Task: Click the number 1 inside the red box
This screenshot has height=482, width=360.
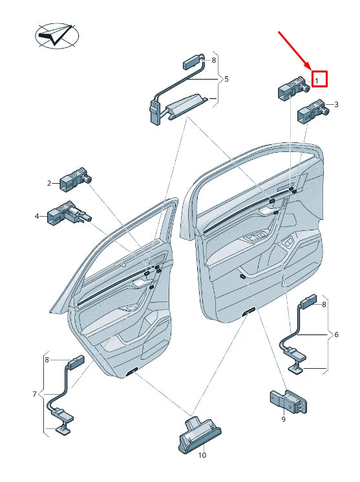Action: click(x=317, y=80)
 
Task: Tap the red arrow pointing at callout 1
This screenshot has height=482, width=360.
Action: click(x=295, y=49)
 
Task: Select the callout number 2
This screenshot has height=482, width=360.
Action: click(x=48, y=183)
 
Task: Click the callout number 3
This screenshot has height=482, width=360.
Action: click(x=335, y=104)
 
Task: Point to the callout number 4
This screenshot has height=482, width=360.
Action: click(x=37, y=215)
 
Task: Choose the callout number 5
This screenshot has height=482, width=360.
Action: click(x=226, y=79)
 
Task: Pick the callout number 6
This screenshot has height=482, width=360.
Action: click(x=335, y=334)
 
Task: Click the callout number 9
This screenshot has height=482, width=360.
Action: click(x=283, y=420)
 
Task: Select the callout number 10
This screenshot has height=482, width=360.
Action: click(x=202, y=455)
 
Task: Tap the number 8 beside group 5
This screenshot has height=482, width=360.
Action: click(x=213, y=60)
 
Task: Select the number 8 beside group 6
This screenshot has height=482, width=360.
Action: click(x=324, y=303)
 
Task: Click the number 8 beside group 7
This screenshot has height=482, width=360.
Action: click(x=47, y=359)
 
